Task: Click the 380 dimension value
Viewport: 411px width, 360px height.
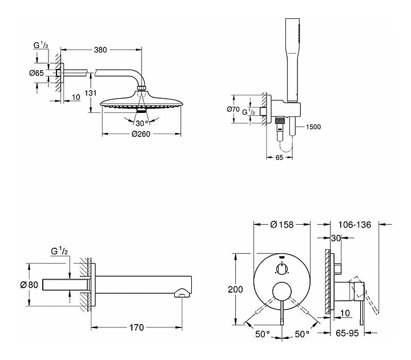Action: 100,50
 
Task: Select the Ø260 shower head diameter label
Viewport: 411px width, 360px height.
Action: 141,134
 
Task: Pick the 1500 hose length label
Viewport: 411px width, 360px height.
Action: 315,127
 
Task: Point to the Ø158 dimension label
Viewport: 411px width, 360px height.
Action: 282,224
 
